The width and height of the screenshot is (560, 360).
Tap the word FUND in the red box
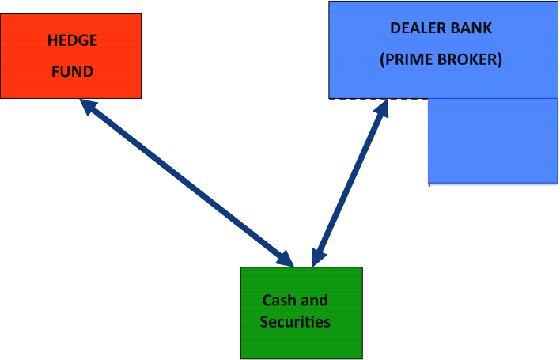72,71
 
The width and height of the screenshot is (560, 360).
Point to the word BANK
472,28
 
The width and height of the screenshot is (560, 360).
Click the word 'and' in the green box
314,301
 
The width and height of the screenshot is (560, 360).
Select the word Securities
295,322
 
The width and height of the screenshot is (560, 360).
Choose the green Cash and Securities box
301,340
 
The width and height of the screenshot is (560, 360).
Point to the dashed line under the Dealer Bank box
356,99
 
